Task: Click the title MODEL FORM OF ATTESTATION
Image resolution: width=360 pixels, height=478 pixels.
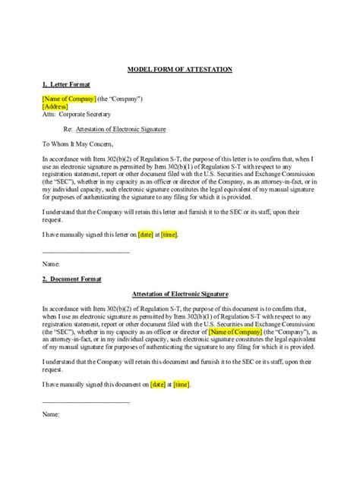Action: (x=179, y=69)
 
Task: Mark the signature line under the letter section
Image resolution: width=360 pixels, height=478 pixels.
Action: (x=87, y=251)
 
